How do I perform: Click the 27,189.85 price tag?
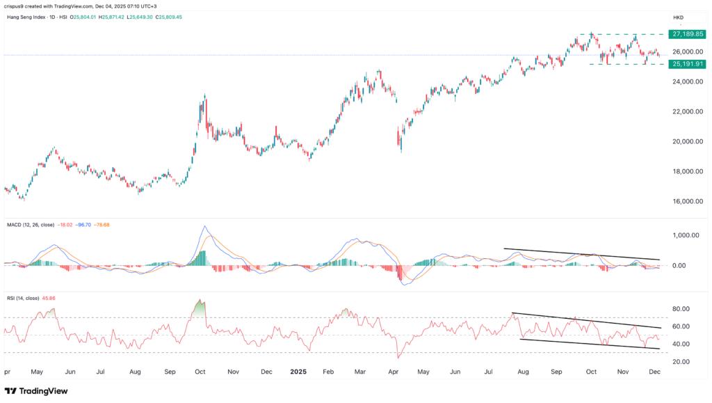click(x=686, y=33)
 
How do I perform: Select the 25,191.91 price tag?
click(x=686, y=64)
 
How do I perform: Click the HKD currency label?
click(x=677, y=17)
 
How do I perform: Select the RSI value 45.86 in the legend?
click(x=48, y=298)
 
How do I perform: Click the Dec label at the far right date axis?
click(x=655, y=372)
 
